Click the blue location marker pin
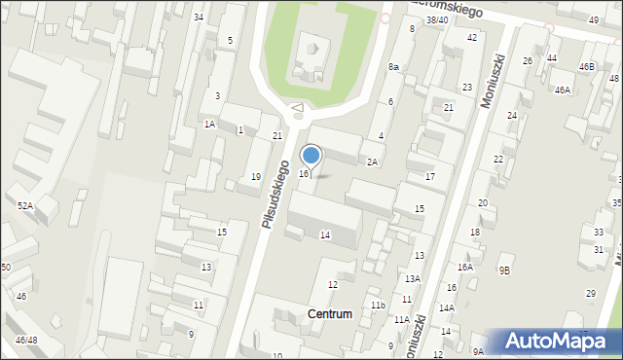tap(311, 156)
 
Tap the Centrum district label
tap(329, 314)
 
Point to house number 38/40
tap(437, 19)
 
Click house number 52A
tap(24, 205)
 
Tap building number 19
tap(255, 177)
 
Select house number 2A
tap(372, 162)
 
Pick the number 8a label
tap(394, 67)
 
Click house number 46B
tap(586, 66)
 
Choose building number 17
tap(429, 176)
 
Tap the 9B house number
tap(504, 270)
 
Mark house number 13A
tap(413, 278)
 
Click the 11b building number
tap(378, 306)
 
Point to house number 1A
tap(209, 124)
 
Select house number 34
tap(199, 18)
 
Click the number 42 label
tap(472, 37)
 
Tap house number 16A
tap(464, 267)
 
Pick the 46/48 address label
tap(26, 341)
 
